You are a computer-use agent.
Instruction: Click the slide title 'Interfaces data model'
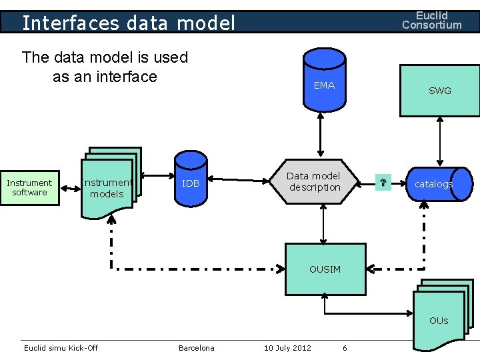[x=129, y=23]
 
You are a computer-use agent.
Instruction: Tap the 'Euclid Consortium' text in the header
[x=431, y=20]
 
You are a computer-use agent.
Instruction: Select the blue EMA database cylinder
[x=324, y=83]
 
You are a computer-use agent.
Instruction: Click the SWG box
[x=439, y=91]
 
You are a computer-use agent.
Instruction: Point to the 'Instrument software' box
[x=29, y=187]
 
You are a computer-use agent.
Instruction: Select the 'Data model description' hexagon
[x=314, y=181]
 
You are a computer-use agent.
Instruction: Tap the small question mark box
[x=383, y=183]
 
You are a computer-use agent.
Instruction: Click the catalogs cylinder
[x=433, y=184]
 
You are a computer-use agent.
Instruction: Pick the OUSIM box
[x=325, y=269]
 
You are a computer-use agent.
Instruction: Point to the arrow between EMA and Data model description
[x=321, y=136]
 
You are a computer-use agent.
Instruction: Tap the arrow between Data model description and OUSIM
[x=323, y=225]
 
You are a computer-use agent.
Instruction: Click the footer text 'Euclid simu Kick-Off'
[x=61, y=348]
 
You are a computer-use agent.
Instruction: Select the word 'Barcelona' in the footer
[x=197, y=348]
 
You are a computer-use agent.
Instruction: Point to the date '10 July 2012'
[x=287, y=348]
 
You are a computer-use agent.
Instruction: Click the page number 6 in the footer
[x=345, y=348]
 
